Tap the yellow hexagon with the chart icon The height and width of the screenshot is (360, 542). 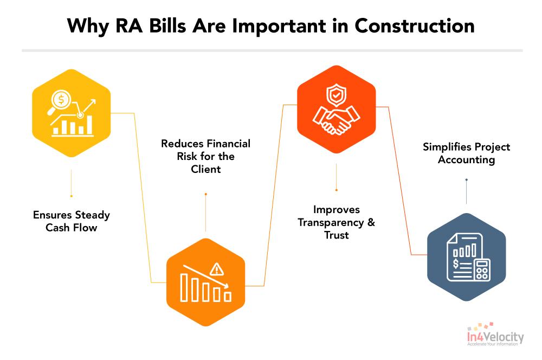pos(71,113)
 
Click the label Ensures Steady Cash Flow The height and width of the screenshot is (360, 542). pos(71,221)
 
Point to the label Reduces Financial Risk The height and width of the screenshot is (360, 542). pos(205,156)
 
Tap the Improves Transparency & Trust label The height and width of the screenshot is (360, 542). pos(336,222)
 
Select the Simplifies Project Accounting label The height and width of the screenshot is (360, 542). pos(466,153)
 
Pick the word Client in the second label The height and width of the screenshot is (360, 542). pos(205,169)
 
